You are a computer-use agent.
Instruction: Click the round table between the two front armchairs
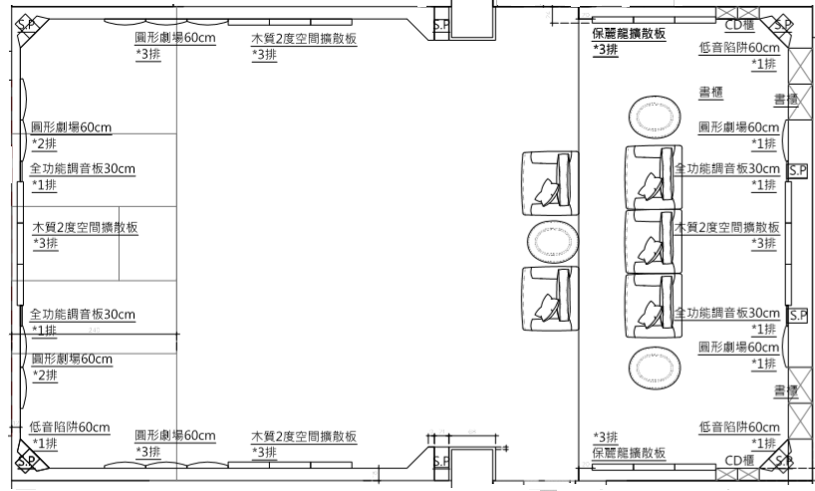click(551, 240)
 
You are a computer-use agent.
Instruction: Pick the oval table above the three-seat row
click(654, 117)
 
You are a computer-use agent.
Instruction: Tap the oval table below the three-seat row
click(654, 365)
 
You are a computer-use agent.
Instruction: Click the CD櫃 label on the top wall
click(738, 26)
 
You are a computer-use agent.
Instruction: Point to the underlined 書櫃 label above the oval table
click(710, 92)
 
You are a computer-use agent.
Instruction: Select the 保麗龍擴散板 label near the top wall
click(630, 34)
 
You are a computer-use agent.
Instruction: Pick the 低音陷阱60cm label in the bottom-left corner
click(70, 427)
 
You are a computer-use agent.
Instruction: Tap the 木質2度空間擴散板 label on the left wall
click(84, 228)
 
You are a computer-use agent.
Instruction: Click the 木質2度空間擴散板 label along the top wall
click(304, 39)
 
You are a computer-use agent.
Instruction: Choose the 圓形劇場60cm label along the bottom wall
click(175, 436)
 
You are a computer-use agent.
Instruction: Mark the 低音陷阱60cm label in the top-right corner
click(739, 48)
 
